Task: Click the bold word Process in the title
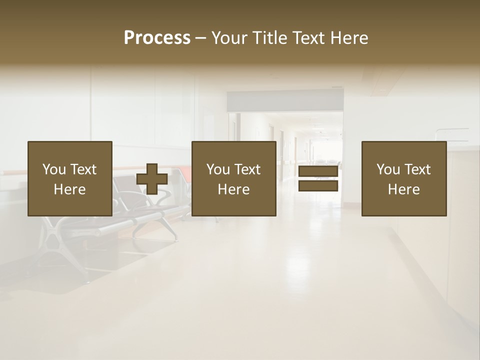point(157,38)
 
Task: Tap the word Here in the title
point(348,38)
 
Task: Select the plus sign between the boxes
point(152,178)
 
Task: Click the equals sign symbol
point(318,178)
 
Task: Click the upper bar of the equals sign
point(318,171)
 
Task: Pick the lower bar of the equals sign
point(318,186)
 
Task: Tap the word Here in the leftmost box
point(69,189)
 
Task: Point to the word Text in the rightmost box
point(418,169)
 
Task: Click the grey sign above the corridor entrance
point(285,101)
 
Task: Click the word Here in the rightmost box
point(403,189)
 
